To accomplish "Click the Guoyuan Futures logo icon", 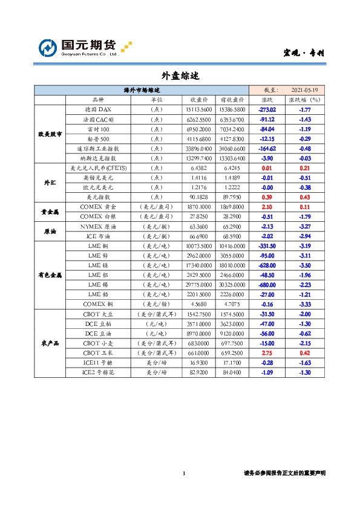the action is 48,47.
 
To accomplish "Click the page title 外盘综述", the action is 180,76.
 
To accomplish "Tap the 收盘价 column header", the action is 200,100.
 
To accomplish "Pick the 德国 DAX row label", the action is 97,109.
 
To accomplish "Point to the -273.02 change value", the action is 267,109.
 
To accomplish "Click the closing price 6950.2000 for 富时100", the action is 200,129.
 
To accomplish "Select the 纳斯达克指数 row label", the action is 97,158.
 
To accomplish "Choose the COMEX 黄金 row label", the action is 97,206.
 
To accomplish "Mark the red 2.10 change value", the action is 267,206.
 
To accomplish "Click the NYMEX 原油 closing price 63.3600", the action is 200,226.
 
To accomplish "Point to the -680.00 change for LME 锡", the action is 267,284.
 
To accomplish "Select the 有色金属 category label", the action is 50,274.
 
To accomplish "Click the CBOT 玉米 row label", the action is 97,352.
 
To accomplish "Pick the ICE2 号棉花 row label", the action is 97,372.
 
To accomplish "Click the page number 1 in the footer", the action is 184,473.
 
